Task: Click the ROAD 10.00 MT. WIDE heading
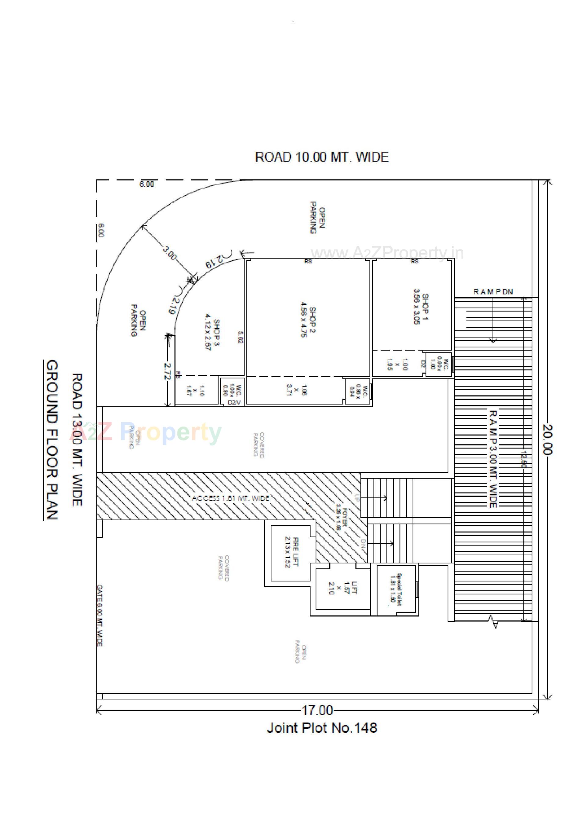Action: [x=322, y=157]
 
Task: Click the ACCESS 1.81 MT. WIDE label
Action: [x=230, y=498]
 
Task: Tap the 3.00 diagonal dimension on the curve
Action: [x=169, y=253]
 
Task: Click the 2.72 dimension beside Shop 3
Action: [x=167, y=370]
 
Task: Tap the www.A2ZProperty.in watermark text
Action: [x=387, y=253]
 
